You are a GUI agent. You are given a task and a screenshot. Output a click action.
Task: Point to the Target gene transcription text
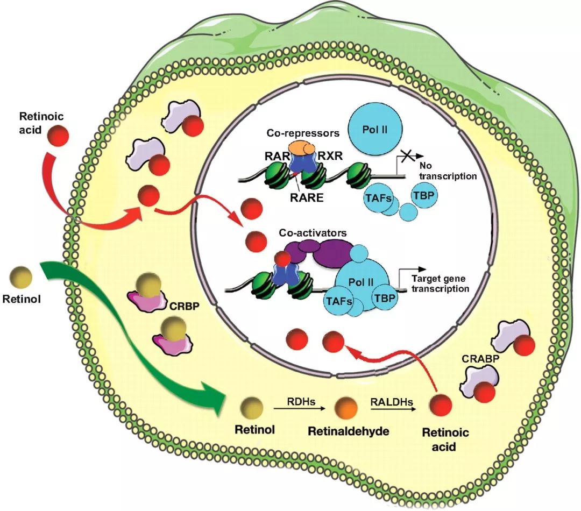pyautogui.click(x=440, y=284)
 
